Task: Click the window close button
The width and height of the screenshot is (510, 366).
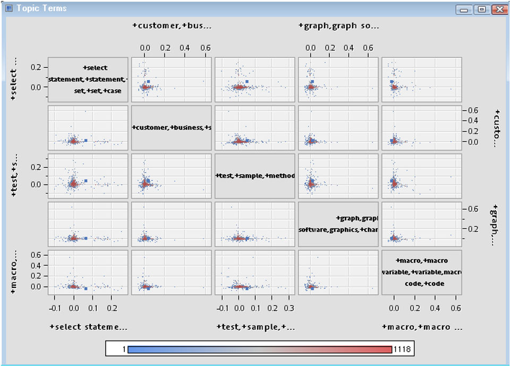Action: [498, 9]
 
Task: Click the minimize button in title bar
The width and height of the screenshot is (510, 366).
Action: [465, 9]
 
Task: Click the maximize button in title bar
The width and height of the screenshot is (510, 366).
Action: [481, 9]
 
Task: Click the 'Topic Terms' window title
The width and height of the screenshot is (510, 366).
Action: [41, 8]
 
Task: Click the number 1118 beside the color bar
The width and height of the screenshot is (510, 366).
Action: [402, 349]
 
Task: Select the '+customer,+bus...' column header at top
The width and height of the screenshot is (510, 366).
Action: [172, 25]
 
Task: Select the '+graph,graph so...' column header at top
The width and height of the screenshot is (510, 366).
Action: [338, 25]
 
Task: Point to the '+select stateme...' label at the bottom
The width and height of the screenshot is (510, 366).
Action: [88, 327]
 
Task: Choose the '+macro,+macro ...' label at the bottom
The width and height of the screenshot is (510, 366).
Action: [422, 327]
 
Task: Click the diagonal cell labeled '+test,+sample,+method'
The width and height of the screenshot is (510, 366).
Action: [254, 176]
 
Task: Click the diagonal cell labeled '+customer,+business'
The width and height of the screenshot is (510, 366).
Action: [171, 127]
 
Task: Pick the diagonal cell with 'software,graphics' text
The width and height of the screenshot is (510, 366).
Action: [338, 224]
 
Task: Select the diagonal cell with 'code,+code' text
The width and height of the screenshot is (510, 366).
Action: [421, 272]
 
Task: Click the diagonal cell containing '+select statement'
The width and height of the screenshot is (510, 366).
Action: [88, 79]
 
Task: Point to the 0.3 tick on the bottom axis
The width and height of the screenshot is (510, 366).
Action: [288, 308]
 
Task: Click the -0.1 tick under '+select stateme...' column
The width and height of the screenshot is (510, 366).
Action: [55, 308]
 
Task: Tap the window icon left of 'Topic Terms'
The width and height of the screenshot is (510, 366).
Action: [8, 8]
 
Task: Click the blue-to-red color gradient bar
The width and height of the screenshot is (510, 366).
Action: [260, 349]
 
